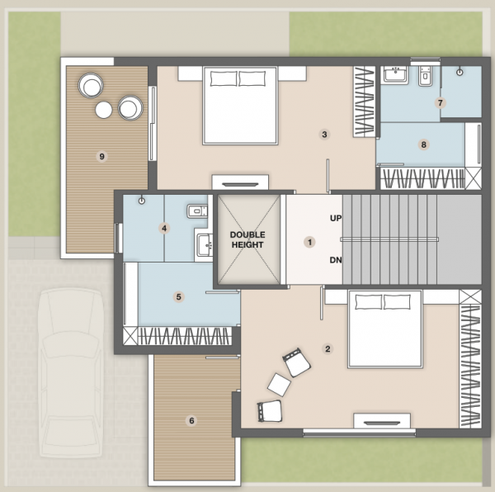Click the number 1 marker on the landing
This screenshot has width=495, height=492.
[310, 242]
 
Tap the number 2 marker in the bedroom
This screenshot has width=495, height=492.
[328, 348]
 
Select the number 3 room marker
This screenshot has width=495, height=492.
[325, 135]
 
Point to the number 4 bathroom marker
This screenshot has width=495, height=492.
[164, 229]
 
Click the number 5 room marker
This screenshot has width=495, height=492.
[179, 296]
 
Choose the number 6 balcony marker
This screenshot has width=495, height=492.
[192, 420]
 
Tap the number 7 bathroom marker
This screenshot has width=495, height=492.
[441, 103]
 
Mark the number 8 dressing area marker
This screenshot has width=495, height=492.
[424, 145]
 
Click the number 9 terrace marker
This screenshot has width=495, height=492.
[101, 156]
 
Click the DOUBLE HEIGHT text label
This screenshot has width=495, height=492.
[247, 240]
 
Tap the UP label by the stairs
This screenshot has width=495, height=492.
[336, 219]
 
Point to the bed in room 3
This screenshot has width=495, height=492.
[240, 106]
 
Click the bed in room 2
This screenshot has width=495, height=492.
[384, 328]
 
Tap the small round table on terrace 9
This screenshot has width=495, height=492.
[104, 110]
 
